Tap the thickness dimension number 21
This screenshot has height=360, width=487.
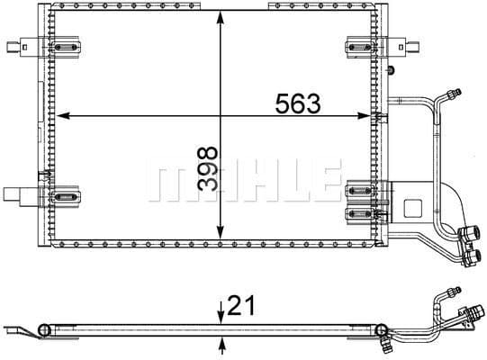point(239,308)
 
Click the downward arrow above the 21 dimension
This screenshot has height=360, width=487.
point(221,313)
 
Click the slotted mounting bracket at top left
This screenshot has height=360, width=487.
point(65,46)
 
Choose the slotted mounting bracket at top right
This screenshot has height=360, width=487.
point(359,46)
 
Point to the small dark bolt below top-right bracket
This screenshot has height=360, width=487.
point(390,70)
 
